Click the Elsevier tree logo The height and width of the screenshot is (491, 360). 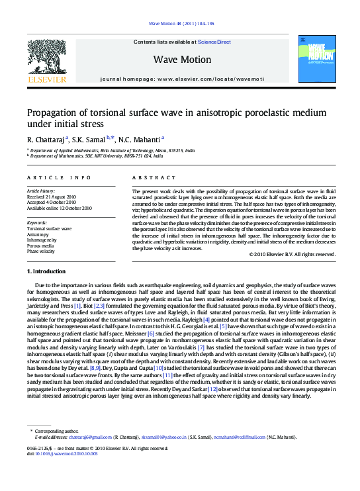point(46,56)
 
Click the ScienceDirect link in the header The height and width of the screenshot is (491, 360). point(214,42)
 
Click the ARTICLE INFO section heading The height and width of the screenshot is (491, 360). point(58,178)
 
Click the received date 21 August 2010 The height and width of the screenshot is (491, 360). point(52,197)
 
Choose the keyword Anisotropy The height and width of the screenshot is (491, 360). point(38,234)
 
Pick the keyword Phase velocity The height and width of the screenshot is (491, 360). point(40,251)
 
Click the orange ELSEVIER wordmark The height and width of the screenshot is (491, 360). point(46,80)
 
